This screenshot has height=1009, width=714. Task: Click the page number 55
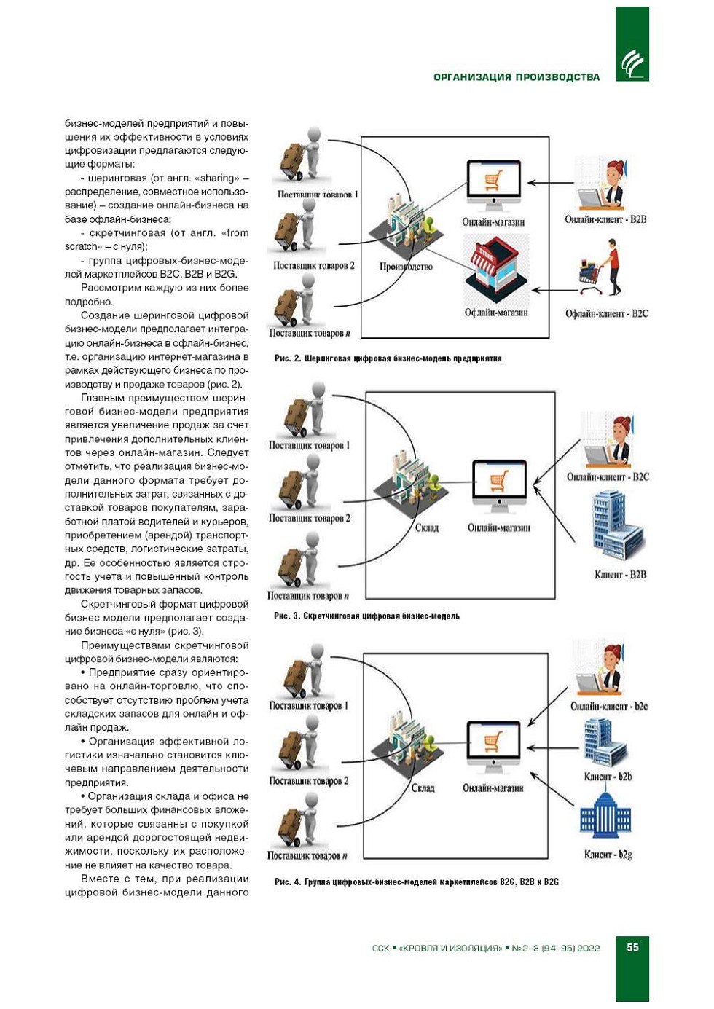click(x=632, y=947)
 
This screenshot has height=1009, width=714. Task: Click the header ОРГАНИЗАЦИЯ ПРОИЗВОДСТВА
click(x=517, y=77)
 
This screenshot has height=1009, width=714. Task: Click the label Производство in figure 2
click(x=406, y=267)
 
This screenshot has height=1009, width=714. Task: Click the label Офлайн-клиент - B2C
click(x=606, y=314)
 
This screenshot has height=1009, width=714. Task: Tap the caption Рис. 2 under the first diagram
click(x=388, y=358)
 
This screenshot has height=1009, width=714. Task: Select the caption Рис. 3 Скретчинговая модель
click(x=366, y=616)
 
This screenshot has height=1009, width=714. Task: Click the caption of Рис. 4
click(x=416, y=882)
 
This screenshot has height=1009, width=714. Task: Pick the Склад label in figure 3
click(x=426, y=527)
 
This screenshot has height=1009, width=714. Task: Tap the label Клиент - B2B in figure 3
click(x=620, y=575)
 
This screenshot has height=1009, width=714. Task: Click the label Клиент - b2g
click(x=608, y=855)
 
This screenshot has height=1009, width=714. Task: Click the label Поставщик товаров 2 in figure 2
click(x=313, y=266)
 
